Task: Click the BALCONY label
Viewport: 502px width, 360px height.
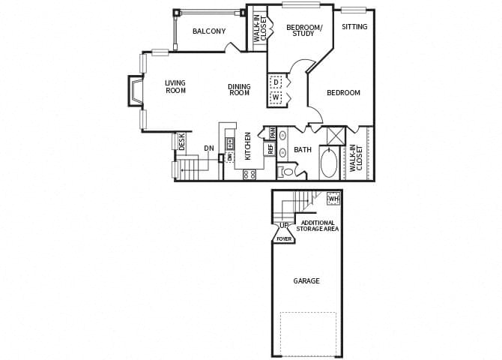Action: pyautogui.click(x=209, y=31)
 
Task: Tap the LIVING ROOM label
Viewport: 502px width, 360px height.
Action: pyautogui.click(x=175, y=87)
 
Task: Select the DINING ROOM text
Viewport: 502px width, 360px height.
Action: pyautogui.click(x=239, y=90)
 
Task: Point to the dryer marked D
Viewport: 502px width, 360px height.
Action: pyautogui.click(x=276, y=82)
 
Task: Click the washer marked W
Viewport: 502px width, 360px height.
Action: pyautogui.click(x=276, y=97)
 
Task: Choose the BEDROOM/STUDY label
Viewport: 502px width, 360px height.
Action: pyautogui.click(x=304, y=31)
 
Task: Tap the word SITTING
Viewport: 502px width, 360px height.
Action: pyautogui.click(x=354, y=27)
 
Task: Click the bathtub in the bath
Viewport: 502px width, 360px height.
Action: pyautogui.click(x=328, y=163)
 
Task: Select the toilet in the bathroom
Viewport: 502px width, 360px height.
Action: pyautogui.click(x=287, y=172)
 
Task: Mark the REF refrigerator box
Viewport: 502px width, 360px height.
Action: pyautogui.click(x=270, y=148)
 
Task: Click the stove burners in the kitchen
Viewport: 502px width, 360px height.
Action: pyautogui.click(x=250, y=174)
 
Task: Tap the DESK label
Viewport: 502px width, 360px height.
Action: pyautogui.click(x=182, y=142)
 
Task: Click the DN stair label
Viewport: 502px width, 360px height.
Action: pyautogui.click(x=209, y=148)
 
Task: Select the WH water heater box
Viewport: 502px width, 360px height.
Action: pyautogui.click(x=333, y=199)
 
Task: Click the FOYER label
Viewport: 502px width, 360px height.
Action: pyautogui.click(x=284, y=238)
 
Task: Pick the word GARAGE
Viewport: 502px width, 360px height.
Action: pyautogui.click(x=306, y=281)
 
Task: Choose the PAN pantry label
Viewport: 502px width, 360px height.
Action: pyautogui.click(x=273, y=133)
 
